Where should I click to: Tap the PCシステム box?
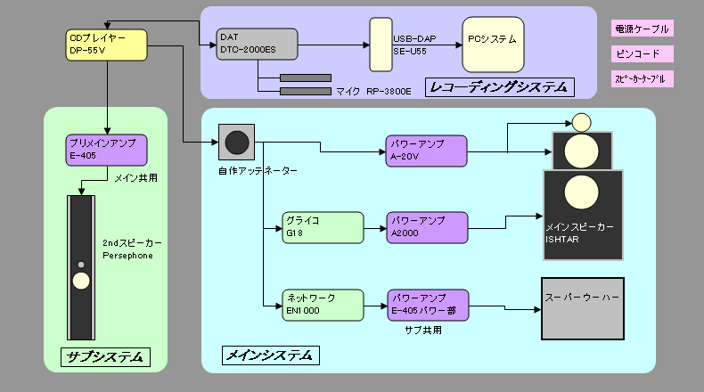pos(493,43)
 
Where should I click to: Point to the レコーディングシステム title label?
pos(499,87)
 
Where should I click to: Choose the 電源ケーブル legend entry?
pos(642,29)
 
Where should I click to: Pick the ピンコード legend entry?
pos(642,54)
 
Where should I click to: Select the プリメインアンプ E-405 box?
pos(106,149)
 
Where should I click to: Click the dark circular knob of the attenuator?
pos(237,142)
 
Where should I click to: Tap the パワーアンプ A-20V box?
pos(427,151)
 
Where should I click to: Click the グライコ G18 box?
pos(323,226)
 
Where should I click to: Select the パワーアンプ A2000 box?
pos(427,226)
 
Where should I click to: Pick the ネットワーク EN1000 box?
pos(323,305)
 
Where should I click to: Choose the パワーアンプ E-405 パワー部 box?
pos(427,305)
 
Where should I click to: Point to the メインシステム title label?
pos(269,355)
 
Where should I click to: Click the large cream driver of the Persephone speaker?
pos(82,282)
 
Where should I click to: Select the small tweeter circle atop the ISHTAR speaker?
pos(582,121)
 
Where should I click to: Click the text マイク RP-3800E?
pos(373,91)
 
